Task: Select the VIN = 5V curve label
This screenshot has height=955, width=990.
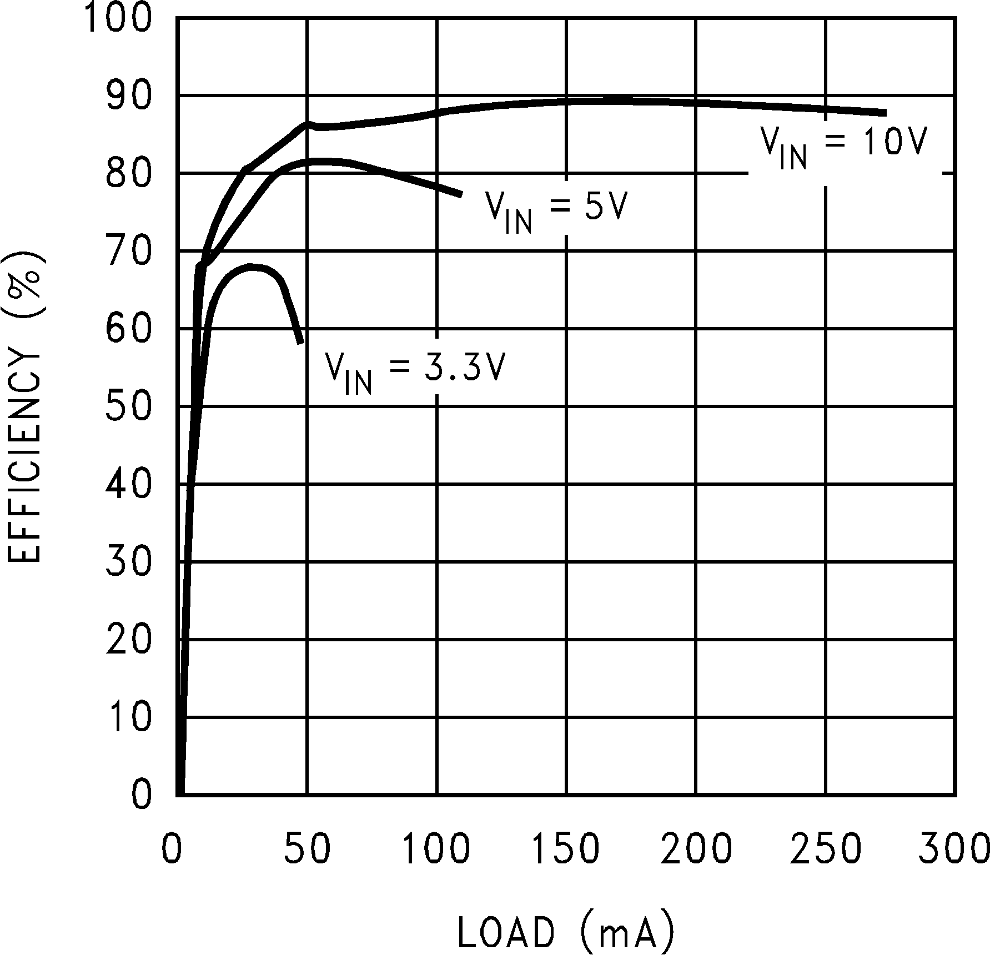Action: point(556,210)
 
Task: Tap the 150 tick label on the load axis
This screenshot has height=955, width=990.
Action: point(566,850)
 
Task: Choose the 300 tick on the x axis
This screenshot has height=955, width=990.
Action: point(953,850)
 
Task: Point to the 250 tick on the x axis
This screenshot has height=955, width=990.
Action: point(826,850)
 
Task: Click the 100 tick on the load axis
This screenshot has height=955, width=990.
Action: point(436,850)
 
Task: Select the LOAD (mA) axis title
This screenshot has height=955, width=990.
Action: point(566,931)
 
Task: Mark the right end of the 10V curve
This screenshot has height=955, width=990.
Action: point(885,113)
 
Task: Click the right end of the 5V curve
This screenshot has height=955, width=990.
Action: point(461,194)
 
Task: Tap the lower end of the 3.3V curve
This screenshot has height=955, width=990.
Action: point(300,341)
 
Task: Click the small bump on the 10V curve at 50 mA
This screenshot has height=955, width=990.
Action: point(306,124)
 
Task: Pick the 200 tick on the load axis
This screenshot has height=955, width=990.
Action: point(696,850)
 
